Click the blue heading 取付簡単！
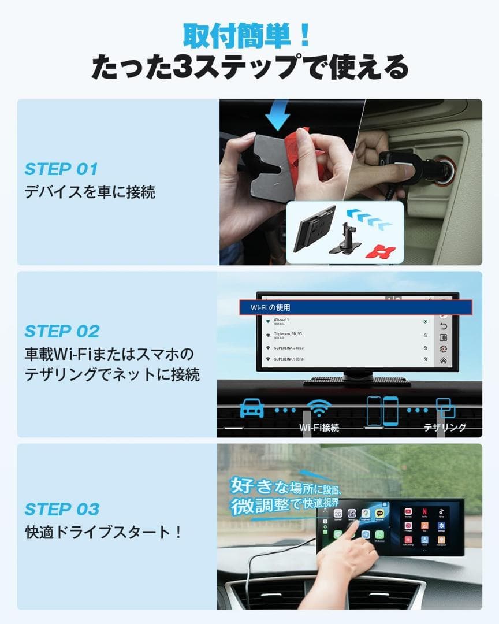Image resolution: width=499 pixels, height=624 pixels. click(x=248, y=36)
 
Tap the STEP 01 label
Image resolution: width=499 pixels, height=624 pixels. click(x=61, y=169)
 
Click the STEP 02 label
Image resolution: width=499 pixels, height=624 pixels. click(x=62, y=331)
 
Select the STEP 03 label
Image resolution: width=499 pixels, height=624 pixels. click(x=62, y=509)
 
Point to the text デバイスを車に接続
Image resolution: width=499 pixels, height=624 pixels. click(x=90, y=192)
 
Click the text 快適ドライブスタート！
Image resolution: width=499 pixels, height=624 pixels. click(x=104, y=532)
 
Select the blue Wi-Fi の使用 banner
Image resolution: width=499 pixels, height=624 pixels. click(x=355, y=307)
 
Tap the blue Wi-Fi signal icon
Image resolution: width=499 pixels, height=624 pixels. click(x=318, y=408)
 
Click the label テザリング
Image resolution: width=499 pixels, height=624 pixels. click(x=445, y=428)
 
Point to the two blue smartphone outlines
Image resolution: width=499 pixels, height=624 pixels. click(x=382, y=410)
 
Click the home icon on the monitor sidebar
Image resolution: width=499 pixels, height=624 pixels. click(x=444, y=361)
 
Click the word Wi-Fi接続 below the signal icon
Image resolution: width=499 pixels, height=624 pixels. click(x=319, y=428)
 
